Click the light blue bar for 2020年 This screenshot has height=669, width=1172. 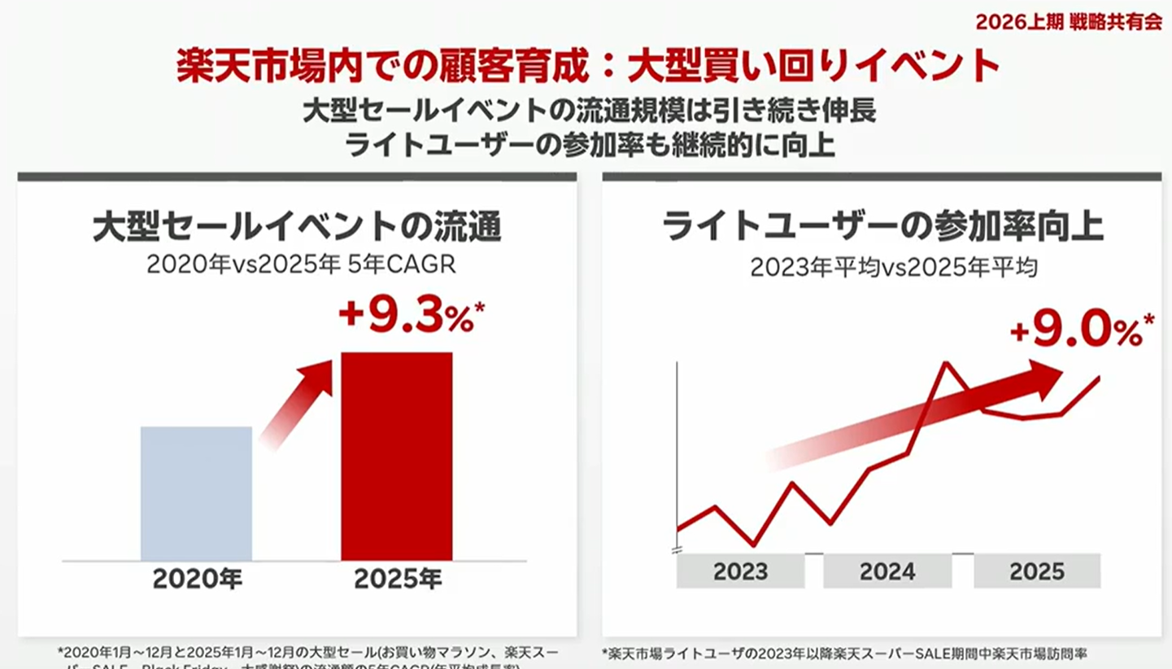196,493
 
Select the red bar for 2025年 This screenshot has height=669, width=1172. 396,456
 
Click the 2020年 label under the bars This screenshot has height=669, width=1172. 197,579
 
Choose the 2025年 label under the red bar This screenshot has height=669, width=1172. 397,579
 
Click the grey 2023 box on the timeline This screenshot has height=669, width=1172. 740,571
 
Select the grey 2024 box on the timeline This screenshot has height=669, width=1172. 887,571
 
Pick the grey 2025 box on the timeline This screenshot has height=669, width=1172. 1037,571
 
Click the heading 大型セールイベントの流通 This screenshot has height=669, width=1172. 297,228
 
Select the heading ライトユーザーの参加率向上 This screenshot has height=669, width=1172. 882,228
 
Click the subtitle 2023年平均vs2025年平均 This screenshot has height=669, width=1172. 893,267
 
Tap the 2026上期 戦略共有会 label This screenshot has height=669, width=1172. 1069,22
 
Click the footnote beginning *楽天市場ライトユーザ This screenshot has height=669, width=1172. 846,654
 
